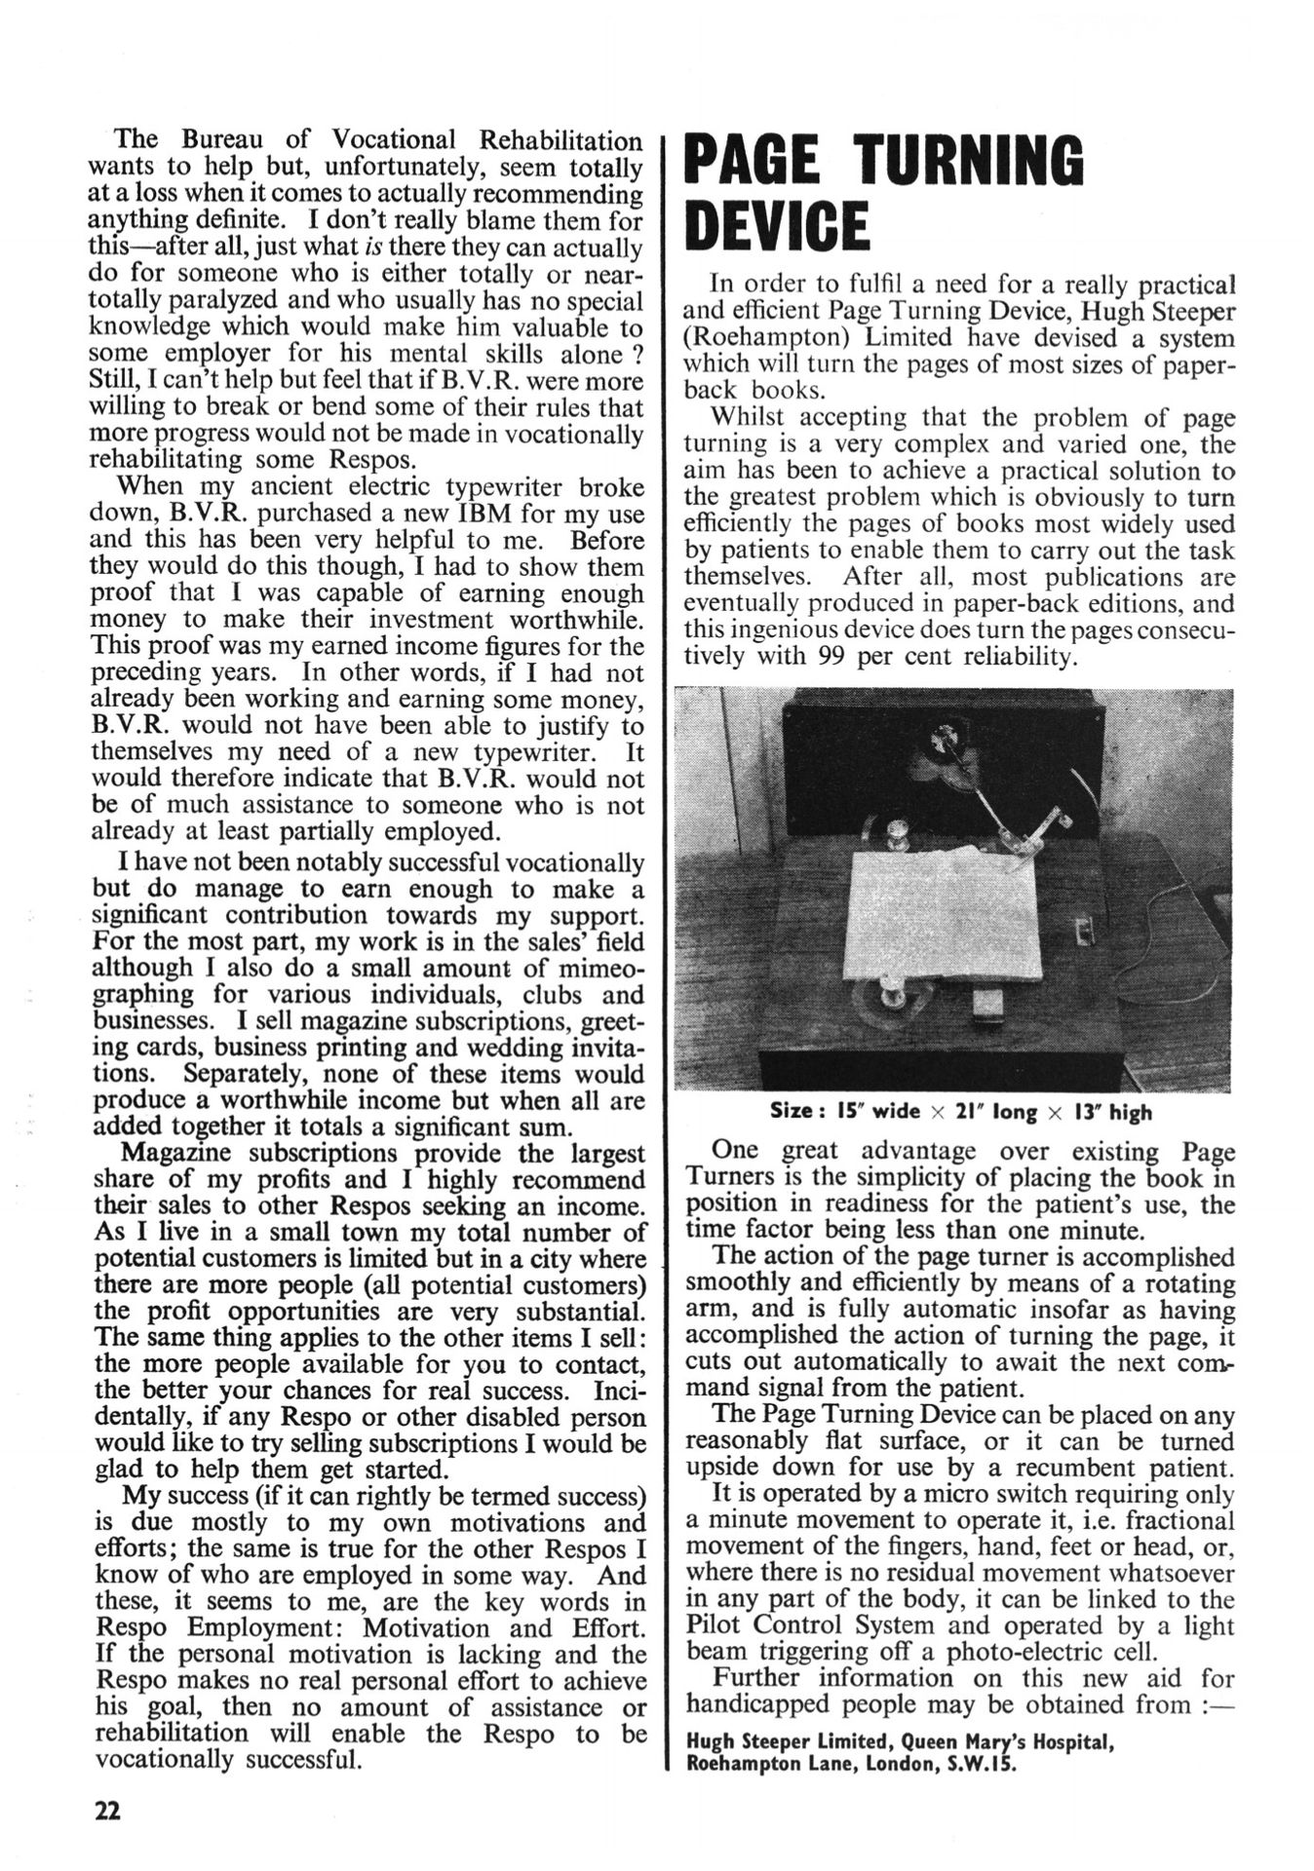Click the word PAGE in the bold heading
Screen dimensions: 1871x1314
coord(764,160)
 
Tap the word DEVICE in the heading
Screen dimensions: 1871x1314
coord(777,225)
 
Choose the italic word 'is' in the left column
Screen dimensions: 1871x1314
coord(371,248)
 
